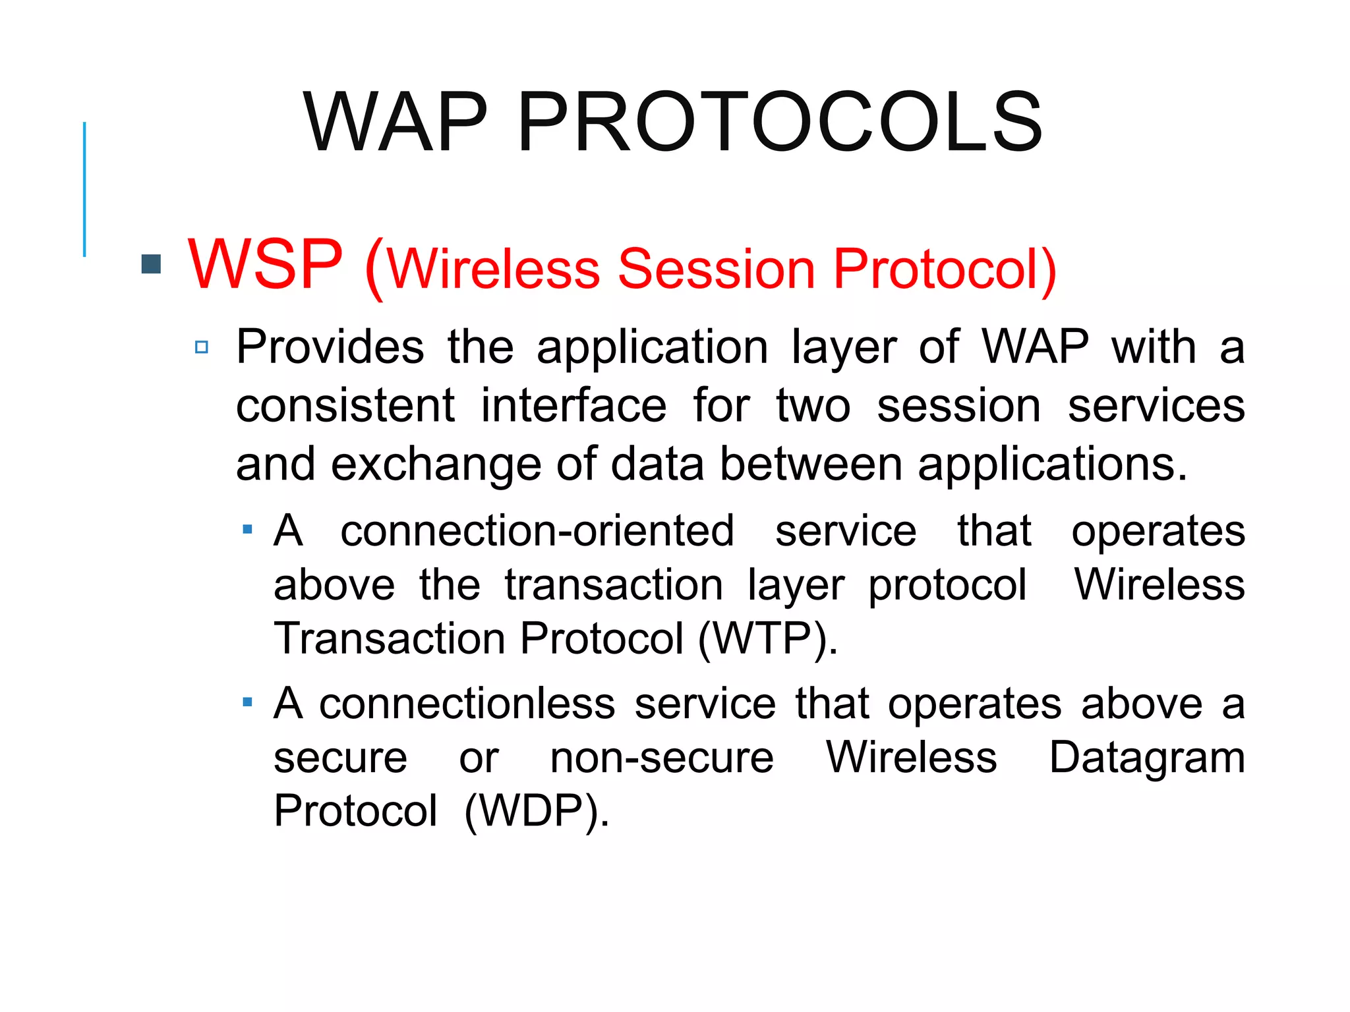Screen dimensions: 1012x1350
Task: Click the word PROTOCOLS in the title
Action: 779,123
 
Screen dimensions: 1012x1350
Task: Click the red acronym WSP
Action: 265,264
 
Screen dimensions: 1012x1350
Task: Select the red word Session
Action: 717,269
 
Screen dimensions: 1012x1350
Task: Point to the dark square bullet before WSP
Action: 152,264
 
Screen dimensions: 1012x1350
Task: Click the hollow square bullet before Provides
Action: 202,347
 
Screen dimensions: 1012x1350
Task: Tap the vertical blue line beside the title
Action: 84,189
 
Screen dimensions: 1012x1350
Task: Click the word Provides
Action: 330,347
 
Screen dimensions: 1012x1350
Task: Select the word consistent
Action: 345,406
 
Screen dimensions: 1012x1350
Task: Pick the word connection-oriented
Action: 537,531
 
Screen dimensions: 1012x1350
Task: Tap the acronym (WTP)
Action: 767,639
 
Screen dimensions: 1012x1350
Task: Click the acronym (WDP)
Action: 536,811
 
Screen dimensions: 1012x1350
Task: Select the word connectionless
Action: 467,704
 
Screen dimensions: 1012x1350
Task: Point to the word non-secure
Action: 661,758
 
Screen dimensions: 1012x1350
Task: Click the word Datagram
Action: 1146,758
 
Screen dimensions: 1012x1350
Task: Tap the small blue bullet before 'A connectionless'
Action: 247,702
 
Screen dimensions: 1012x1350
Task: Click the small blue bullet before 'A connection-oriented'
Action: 247,529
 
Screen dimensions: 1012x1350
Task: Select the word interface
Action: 573,406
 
